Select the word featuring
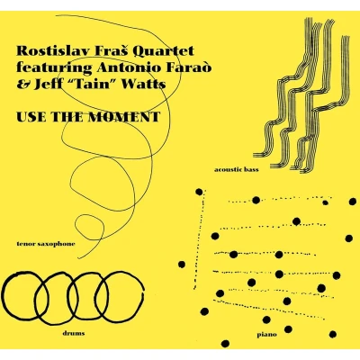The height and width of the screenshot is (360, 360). point(54,68)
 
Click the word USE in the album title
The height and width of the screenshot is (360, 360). point(31,117)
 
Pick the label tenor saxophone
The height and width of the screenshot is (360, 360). point(46,244)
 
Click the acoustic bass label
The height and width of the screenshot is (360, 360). point(237,170)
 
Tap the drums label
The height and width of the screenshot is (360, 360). point(74,333)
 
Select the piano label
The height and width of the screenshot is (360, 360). point(266,335)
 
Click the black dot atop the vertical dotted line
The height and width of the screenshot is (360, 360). point(199,192)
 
